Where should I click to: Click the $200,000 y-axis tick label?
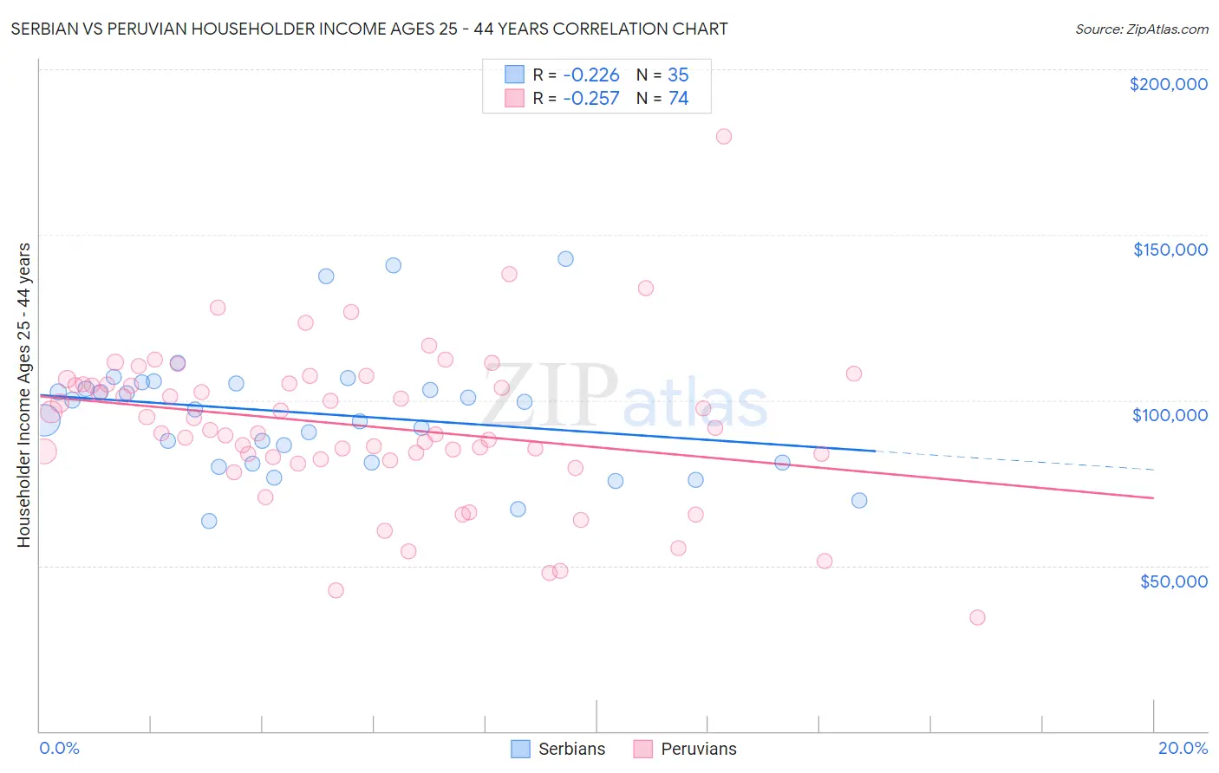[x=1168, y=84]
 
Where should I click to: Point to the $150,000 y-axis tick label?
[x=1170, y=250]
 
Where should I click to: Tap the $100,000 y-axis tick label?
[x=1170, y=415]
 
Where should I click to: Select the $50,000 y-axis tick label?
[x=1173, y=581]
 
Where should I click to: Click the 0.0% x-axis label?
[x=59, y=748]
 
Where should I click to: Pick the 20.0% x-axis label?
[x=1183, y=748]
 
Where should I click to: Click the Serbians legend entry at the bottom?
[x=557, y=749]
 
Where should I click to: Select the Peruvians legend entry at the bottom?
[x=684, y=749]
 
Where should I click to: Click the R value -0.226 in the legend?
[x=590, y=75]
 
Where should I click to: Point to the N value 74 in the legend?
[x=678, y=99]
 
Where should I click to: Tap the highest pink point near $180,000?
[x=724, y=136]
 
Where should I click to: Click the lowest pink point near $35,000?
[x=977, y=617]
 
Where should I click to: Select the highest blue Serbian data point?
[x=565, y=258]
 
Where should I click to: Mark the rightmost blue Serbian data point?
[x=859, y=500]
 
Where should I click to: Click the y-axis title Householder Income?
[x=23, y=394]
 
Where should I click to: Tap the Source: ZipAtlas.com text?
[x=1141, y=29]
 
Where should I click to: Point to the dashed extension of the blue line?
[x=1014, y=460]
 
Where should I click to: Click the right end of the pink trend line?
[x=1152, y=497]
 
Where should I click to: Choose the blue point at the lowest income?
[x=209, y=521]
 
